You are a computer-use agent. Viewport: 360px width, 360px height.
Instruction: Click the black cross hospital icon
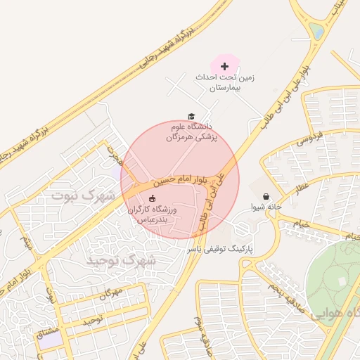[x=224, y=66]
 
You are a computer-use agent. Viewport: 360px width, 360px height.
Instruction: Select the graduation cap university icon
[x=191, y=116]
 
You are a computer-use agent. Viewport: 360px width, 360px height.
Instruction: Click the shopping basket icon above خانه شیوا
[x=266, y=197]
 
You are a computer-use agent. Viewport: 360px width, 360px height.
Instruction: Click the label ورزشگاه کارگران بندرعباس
[x=152, y=214]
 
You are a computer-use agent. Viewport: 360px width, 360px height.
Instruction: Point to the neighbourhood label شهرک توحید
[x=120, y=260]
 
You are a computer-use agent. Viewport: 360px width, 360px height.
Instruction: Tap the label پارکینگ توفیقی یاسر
[x=220, y=249]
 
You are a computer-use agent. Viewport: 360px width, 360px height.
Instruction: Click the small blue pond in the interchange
[x=317, y=31]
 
